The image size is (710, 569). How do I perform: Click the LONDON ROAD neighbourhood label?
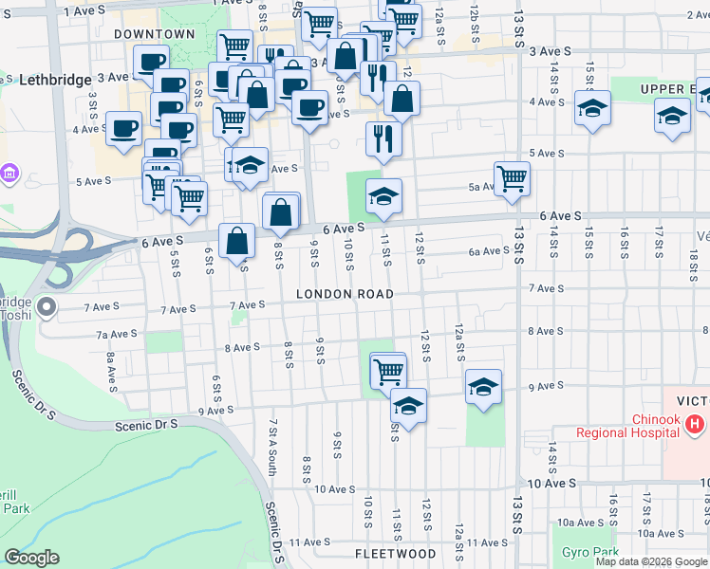click(x=345, y=294)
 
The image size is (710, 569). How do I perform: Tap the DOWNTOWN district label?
click(x=154, y=34)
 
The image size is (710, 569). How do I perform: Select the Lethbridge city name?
click(x=54, y=79)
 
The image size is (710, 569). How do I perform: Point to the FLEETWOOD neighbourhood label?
click(x=396, y=553)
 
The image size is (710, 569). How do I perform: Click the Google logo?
click(x=31, y=558)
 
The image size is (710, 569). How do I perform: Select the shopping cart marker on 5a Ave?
click(x=512, y=178)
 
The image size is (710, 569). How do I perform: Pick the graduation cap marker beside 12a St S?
click(x=483, y=386)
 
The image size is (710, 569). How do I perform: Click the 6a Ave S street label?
click(x=489, y=251)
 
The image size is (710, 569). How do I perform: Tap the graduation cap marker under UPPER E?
click(x=672, y=116)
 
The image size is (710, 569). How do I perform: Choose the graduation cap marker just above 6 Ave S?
click(x=383, y=196)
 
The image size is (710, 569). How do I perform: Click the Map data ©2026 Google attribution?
click(x=650, y=561)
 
